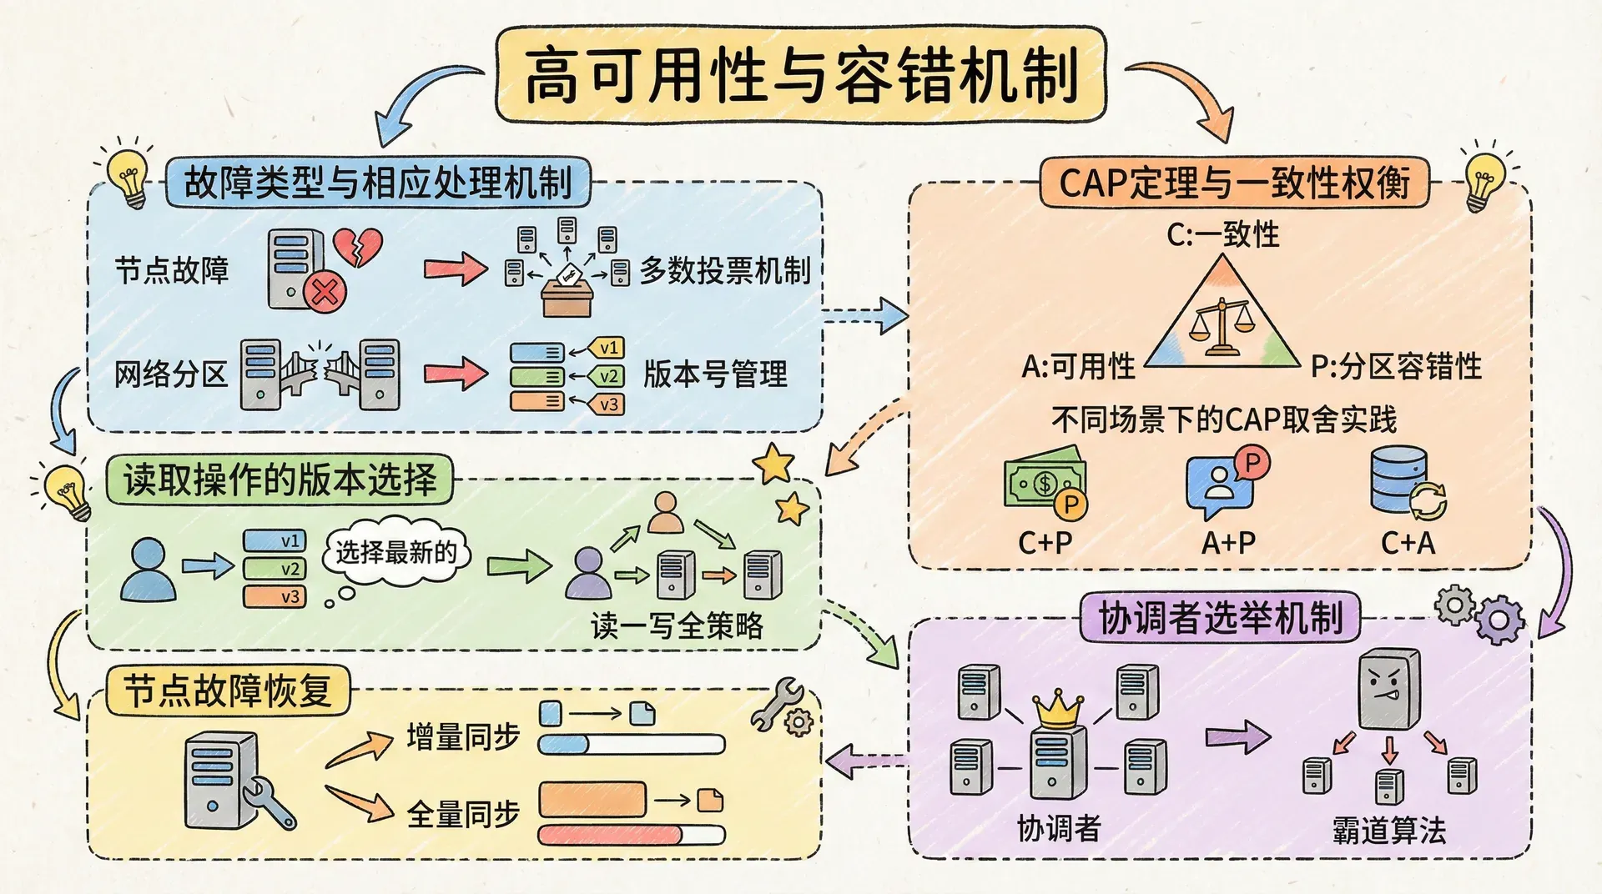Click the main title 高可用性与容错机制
[801, 75]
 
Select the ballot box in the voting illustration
[567, 295]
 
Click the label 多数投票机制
[725, 270]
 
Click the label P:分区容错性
[1396, 366]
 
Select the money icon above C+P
[1045, 482]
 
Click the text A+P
[1228, 544]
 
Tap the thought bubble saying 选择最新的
[396, 552]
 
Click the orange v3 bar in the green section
[275, 597]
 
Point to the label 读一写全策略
[677, 625]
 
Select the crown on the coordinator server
[1058, 709]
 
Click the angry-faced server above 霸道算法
[1388, 689]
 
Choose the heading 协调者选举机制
[1220, 618]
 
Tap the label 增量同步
[463, 736]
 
